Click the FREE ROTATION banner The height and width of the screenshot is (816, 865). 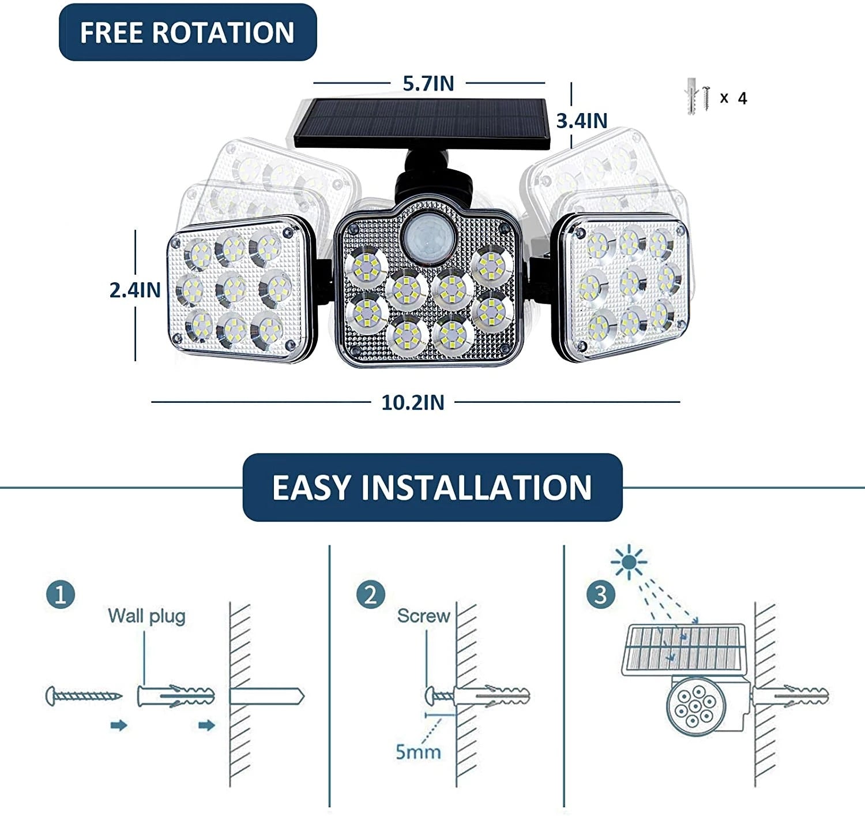[187, 32]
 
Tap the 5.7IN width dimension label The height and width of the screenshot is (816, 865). [428, 84]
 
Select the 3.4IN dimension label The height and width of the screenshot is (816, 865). [581, 121]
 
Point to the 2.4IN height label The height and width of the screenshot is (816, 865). [135, 290]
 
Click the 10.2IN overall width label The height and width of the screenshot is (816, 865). [413, 403]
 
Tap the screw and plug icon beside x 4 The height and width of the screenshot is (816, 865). [698, 97]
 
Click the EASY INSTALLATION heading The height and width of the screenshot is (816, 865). [432, 488]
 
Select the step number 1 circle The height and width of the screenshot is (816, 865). [61, 594]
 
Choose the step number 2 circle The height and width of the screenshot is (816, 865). [370, 594]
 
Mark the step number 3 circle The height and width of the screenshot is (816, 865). [600, 594]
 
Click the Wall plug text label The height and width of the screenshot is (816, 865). [146, 616]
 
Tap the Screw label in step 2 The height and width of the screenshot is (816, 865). [423, 616]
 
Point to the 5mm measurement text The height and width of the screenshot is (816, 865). [418, 751]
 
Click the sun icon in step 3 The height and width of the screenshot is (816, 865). [629, 561]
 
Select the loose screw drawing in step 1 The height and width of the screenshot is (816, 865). [83, 696]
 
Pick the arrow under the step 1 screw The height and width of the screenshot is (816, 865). [118, 725]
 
